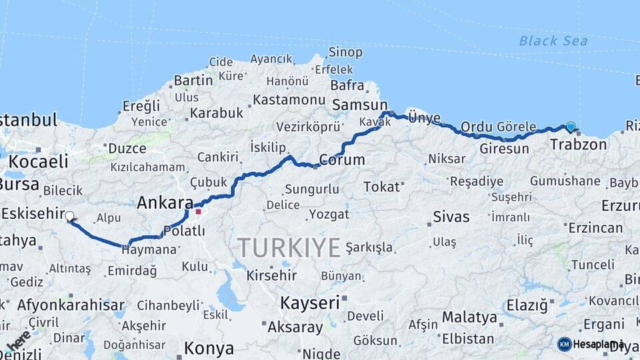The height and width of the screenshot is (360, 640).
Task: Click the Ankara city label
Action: (165, 203)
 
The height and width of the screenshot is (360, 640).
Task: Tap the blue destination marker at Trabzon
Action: (571, 126)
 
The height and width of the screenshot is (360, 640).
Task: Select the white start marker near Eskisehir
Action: (69, 216)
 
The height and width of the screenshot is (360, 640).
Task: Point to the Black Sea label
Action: (553, 41)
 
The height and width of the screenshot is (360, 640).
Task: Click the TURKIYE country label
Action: (289, 248)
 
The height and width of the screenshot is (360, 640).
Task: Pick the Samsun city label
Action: (359, 105)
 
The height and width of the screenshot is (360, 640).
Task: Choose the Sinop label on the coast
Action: (345, 52)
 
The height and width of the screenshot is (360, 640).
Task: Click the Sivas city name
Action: (451, 217)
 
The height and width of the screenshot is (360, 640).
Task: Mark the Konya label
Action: (209, 348)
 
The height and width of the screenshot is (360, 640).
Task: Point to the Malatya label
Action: (469, 317)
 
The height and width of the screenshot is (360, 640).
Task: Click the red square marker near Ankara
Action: (199, 212)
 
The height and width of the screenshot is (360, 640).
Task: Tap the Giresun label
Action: (504, 148)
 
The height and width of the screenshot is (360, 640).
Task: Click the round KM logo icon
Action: (565, 344)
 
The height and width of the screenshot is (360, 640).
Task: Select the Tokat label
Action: (381, 187)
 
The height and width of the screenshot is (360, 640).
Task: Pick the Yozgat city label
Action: (329, 214)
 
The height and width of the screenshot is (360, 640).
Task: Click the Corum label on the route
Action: (341, 160)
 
